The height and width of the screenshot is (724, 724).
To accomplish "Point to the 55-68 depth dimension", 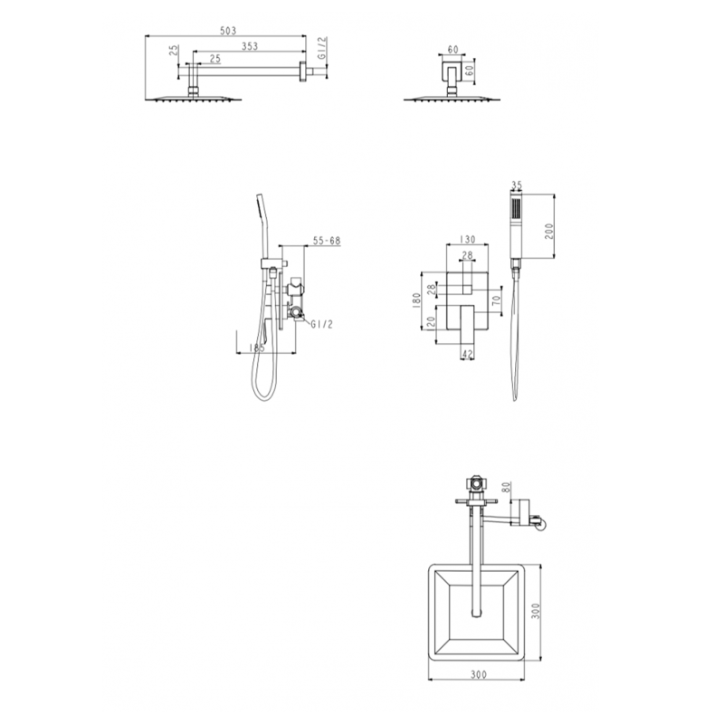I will click(x=326, y=241).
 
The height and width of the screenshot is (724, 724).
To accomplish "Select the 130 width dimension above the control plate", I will click(x=468, y=240).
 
